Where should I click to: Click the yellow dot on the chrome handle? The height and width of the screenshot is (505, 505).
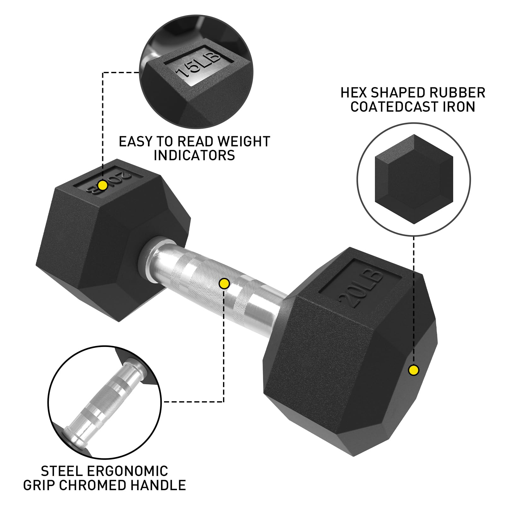pyautogui.click(x=224, y=284)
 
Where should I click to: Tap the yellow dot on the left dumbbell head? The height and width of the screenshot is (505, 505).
pyautogui.click(x=103, y=185)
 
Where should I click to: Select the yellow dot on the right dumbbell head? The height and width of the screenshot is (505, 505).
pyautogui.click(x=413, y=370)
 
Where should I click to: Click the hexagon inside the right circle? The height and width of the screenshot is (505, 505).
pyautogui.click(x=414, y=179)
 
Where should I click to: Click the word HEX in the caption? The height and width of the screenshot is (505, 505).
pyautogui.click(x=353, y=93)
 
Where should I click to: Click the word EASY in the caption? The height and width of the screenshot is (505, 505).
pyautogui.click(x=136, y=142)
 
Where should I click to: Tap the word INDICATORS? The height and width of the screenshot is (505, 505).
pyautogui.click(x=194, y=156)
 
